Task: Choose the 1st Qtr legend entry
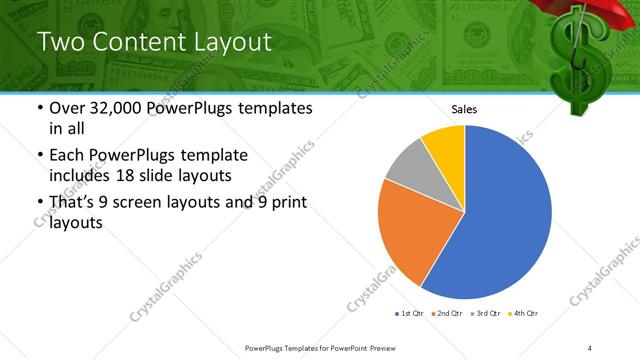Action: [410, 314]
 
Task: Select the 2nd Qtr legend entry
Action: [448, 314]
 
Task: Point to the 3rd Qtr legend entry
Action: [486, 314]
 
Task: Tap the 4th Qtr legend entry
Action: [524, 314]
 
